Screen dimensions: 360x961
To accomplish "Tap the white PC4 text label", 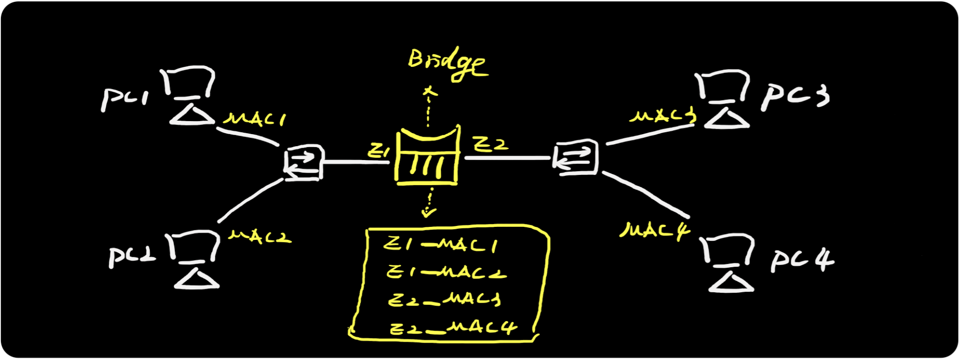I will click(802, 260).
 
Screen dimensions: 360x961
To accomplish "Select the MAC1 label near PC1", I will click(255, 119).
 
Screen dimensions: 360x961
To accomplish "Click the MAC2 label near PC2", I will click(260, 236).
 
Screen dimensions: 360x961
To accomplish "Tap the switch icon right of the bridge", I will click(576, 158).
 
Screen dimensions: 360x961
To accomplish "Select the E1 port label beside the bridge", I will click(379, 151).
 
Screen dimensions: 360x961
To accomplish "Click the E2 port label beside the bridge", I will click(491, 144).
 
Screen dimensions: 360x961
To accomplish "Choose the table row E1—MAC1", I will click(441, 245).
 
